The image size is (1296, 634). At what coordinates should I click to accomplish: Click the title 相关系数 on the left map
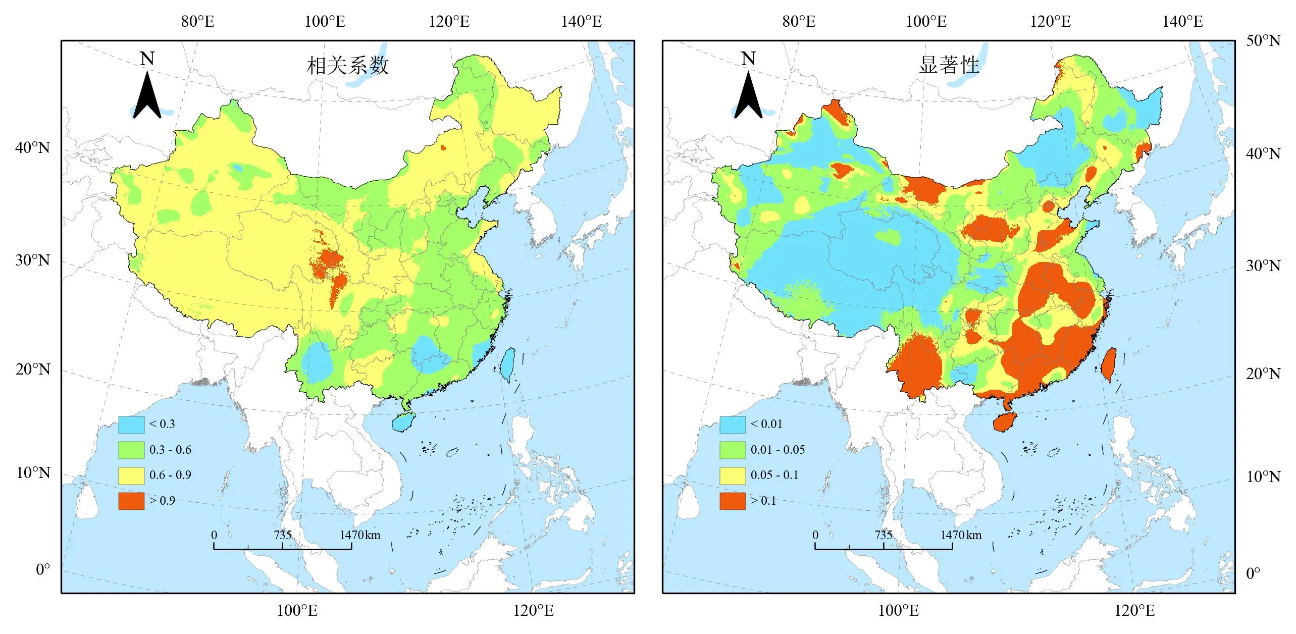[x=348, y=66]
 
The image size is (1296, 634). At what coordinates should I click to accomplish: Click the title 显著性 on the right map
[x=949, y=66]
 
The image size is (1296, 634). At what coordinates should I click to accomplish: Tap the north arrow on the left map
[x=147, y=93]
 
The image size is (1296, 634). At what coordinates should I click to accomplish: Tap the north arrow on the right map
[x=748, y=93]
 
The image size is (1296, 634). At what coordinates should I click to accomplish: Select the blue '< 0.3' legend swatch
[x=131, y=425]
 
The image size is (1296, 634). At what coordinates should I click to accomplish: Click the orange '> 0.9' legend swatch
[x=131, y=501]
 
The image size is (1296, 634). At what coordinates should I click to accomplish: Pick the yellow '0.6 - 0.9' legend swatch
[x=131, y=476]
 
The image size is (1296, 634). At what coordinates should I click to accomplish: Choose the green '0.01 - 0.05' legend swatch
[x=732, y=450]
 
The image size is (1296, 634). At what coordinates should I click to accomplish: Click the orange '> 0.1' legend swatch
[x=732, y=501]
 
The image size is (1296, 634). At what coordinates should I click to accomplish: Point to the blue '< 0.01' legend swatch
[x=732, y=425]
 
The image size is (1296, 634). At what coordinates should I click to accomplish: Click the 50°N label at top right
[x=1263, y=40]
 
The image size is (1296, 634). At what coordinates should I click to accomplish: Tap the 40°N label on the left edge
[x=33, y=147]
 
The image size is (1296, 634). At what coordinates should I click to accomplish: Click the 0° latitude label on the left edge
[x=43, y=569]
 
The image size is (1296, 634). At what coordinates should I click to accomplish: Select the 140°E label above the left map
[x=581, y=22]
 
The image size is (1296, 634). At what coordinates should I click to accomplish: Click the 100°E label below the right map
[x=898, y=610]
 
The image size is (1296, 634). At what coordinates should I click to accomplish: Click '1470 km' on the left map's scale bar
[x=359, y=535]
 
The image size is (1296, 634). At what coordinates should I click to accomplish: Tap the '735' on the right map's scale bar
[x=884, y=535]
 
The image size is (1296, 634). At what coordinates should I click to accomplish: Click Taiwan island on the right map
[x=1109, y=364]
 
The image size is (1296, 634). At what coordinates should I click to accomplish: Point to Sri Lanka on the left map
[x=87, y=501]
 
